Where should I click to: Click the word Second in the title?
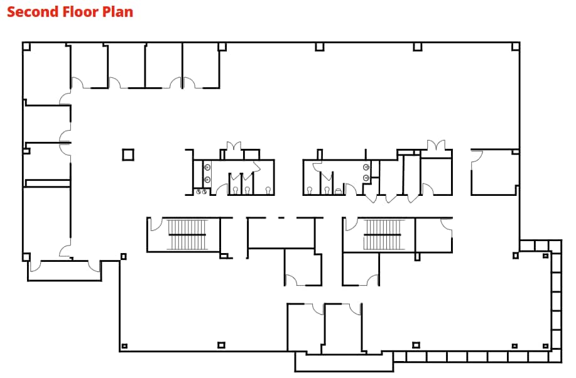coord(33,12)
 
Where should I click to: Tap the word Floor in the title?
coord(80,12)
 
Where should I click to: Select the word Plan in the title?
coord(117,12)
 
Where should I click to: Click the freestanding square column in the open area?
coord(128,154)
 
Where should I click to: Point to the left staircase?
coord(187,235)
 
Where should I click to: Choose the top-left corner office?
coord(46,73)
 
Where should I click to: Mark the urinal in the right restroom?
coord(339,191)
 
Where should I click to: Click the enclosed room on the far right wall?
coord(494,172)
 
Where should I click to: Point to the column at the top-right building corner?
coord(516,46)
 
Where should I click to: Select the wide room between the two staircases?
coord(281,233)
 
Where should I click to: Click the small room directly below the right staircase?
coord(361,269)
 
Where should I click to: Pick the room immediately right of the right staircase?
coord(434,235)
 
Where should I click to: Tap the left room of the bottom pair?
coord(305,327)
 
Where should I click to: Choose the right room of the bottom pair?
coord(344,327)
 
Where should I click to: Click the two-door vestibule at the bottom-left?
coord(64,271)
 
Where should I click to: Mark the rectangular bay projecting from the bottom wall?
coord(344,362)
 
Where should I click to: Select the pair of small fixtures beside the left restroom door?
coord(201,192)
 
